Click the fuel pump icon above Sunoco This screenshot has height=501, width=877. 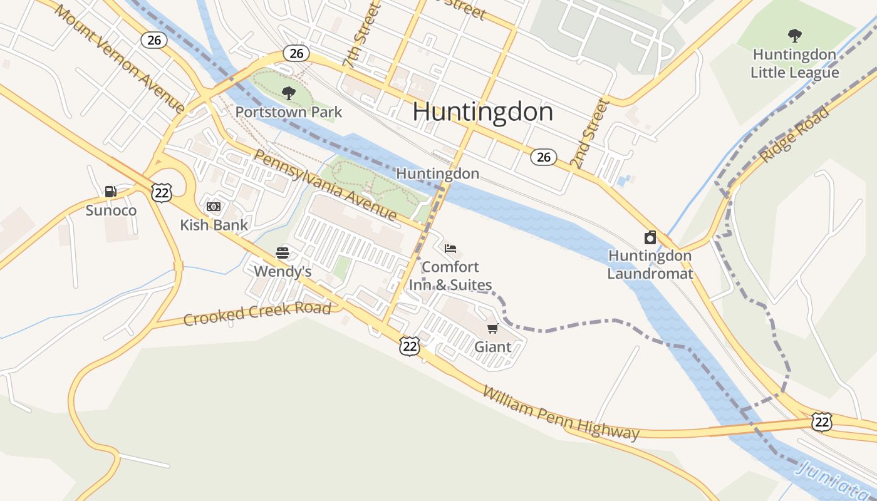click(111, 192)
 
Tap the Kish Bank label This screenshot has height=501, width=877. click(214, 225)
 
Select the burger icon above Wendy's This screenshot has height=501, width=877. click(283, 253)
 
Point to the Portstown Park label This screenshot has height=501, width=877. click(289, 112)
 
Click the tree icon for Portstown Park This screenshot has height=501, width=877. click(289, 94)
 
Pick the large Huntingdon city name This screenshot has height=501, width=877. click(482, 112)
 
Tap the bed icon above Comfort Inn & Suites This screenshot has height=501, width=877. click(450, 249)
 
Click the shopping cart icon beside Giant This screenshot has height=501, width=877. click(493, 329)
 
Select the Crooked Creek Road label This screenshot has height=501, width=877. click(257, 314)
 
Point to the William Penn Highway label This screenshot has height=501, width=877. click(561, 413)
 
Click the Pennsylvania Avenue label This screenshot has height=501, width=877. click(325, 185)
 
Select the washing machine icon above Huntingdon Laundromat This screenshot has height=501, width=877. click(650, 237)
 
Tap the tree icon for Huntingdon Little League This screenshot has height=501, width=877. click(794, 36)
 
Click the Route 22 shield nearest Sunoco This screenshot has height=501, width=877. click(162, 192)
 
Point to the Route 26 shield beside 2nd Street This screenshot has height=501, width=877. click(544, 157)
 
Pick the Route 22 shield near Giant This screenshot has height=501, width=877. click(409, 346)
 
